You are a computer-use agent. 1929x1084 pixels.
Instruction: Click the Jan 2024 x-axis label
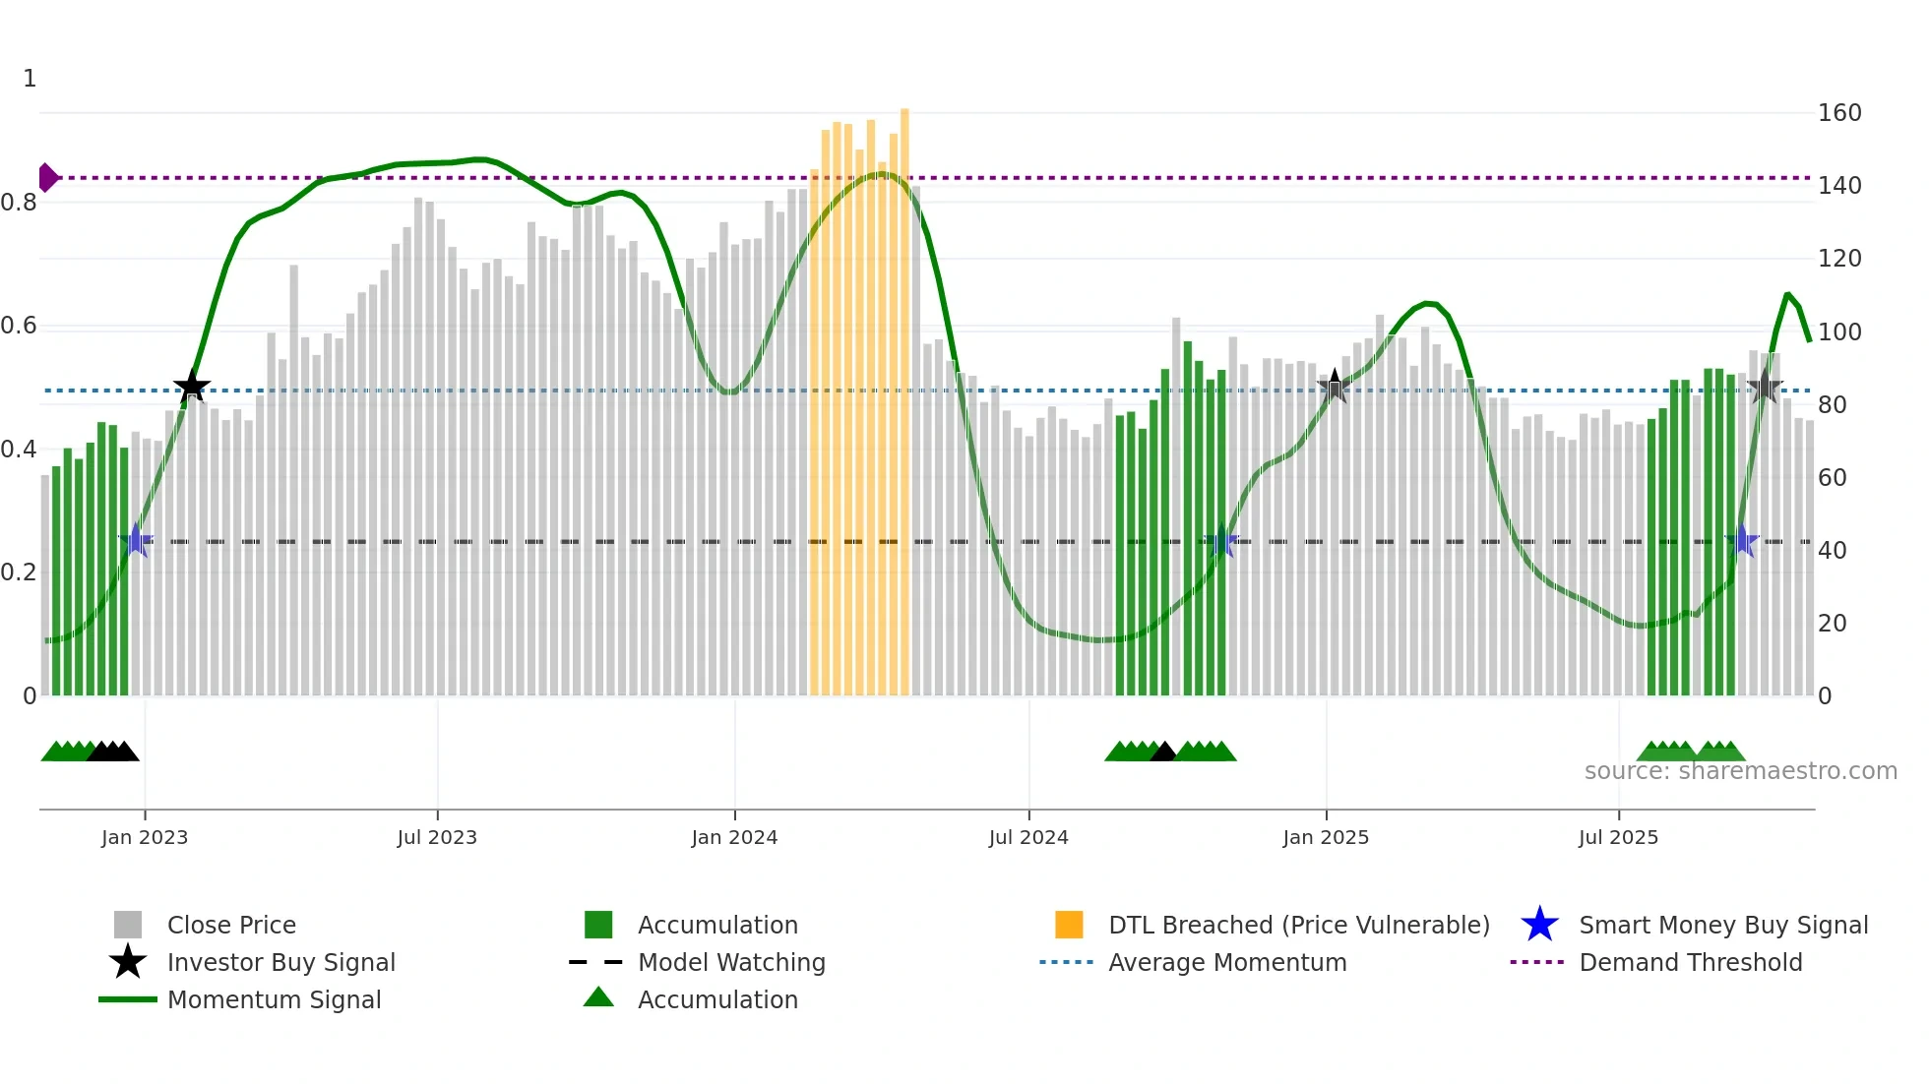(x=734, y=837)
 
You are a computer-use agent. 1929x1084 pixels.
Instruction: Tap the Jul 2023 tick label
(x=437, y=837)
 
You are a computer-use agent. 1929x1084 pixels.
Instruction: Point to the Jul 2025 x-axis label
(x=1618, y=837)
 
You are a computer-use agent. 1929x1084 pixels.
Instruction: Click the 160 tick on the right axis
(x=1838, y=113)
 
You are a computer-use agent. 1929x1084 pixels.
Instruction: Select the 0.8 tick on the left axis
(x=19, y=203)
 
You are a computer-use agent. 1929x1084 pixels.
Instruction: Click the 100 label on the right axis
(x=1838, y=332)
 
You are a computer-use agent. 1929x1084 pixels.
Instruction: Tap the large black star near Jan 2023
(x=192, y=387)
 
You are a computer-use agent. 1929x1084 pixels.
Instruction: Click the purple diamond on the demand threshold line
(x=47, y=178)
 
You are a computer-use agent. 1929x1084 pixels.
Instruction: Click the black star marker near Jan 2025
(x=1335, y=387)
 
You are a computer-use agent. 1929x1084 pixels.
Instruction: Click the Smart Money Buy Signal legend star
(x=1539, y=925)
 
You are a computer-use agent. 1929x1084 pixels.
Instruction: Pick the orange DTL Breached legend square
(x=1069, y=925)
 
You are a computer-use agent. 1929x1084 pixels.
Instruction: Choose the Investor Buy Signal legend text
(x=280, y=962)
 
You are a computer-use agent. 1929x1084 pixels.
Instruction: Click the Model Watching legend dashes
(x=596, y=962)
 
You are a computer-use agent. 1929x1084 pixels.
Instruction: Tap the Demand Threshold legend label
(x=1690, y=962)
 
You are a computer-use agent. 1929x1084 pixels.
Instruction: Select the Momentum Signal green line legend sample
(x=128, y=999)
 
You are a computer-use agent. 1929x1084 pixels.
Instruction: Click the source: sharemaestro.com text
(x=1740, y=771)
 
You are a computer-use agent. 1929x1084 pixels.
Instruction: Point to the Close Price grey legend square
(x=128, y=925)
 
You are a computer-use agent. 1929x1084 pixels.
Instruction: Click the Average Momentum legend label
(x=1226, y=962)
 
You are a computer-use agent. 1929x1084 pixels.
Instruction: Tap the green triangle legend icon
(x=598, y=997)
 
